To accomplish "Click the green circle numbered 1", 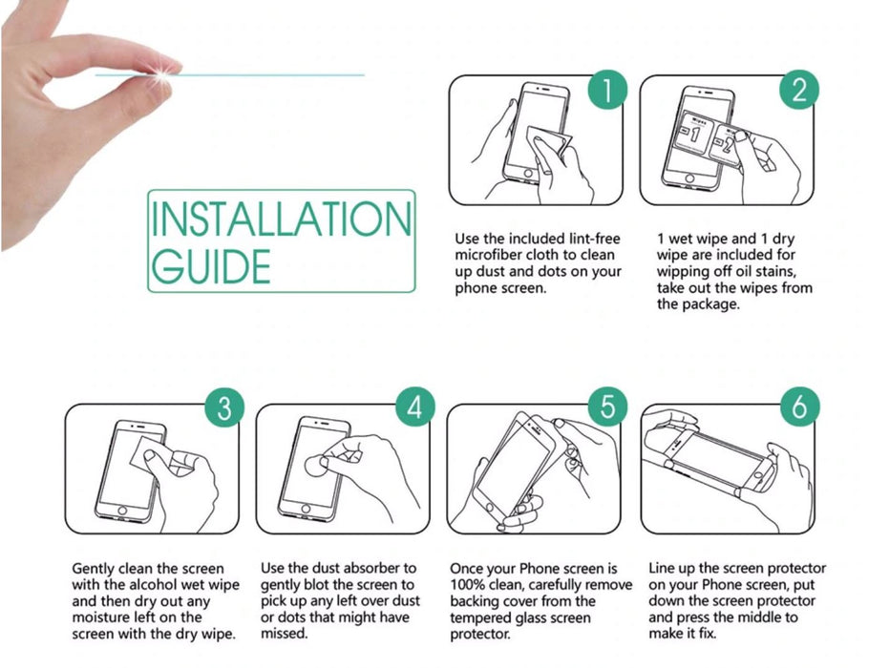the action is click(607, 89).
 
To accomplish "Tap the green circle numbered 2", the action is click(799, 89).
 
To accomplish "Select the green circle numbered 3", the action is click(224, 407).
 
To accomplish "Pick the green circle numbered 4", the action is click(415, 407).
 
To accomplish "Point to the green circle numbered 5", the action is click(607, 407).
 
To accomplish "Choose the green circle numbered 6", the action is click(799, 407).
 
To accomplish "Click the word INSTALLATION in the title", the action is click(281, 219).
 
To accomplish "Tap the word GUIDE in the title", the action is click(211, 265).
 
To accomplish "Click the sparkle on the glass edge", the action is click(164, 73).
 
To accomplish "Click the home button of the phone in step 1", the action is click(528, 173).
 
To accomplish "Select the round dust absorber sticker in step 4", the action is click(315, 465).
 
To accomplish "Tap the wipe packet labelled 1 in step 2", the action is click(692, 135).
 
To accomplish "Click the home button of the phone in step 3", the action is click(121, 511).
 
